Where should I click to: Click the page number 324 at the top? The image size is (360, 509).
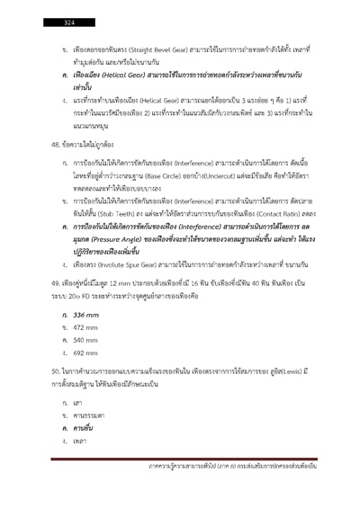tap(68, 21)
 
